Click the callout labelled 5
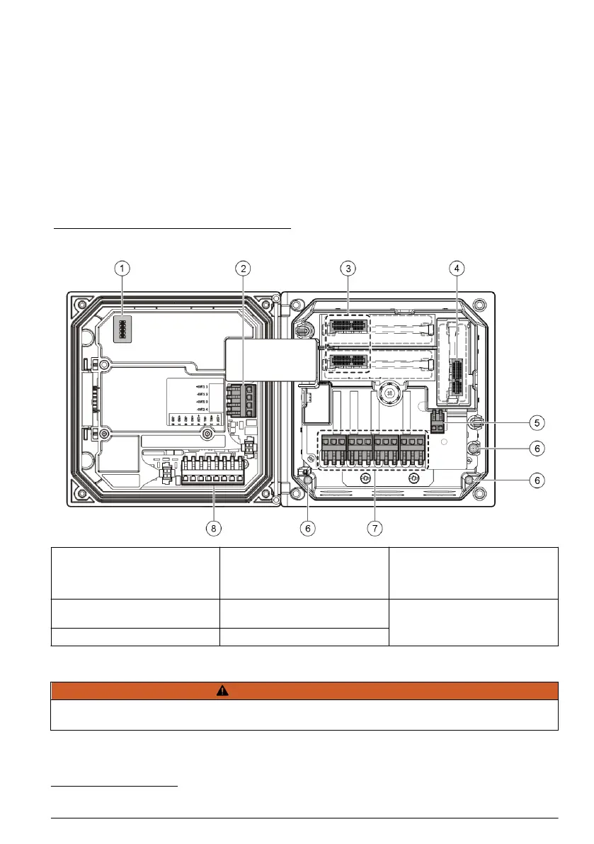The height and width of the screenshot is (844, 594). point(539,422)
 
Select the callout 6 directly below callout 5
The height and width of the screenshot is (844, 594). point(539,449)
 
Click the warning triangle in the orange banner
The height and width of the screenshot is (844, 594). point(304,691)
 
